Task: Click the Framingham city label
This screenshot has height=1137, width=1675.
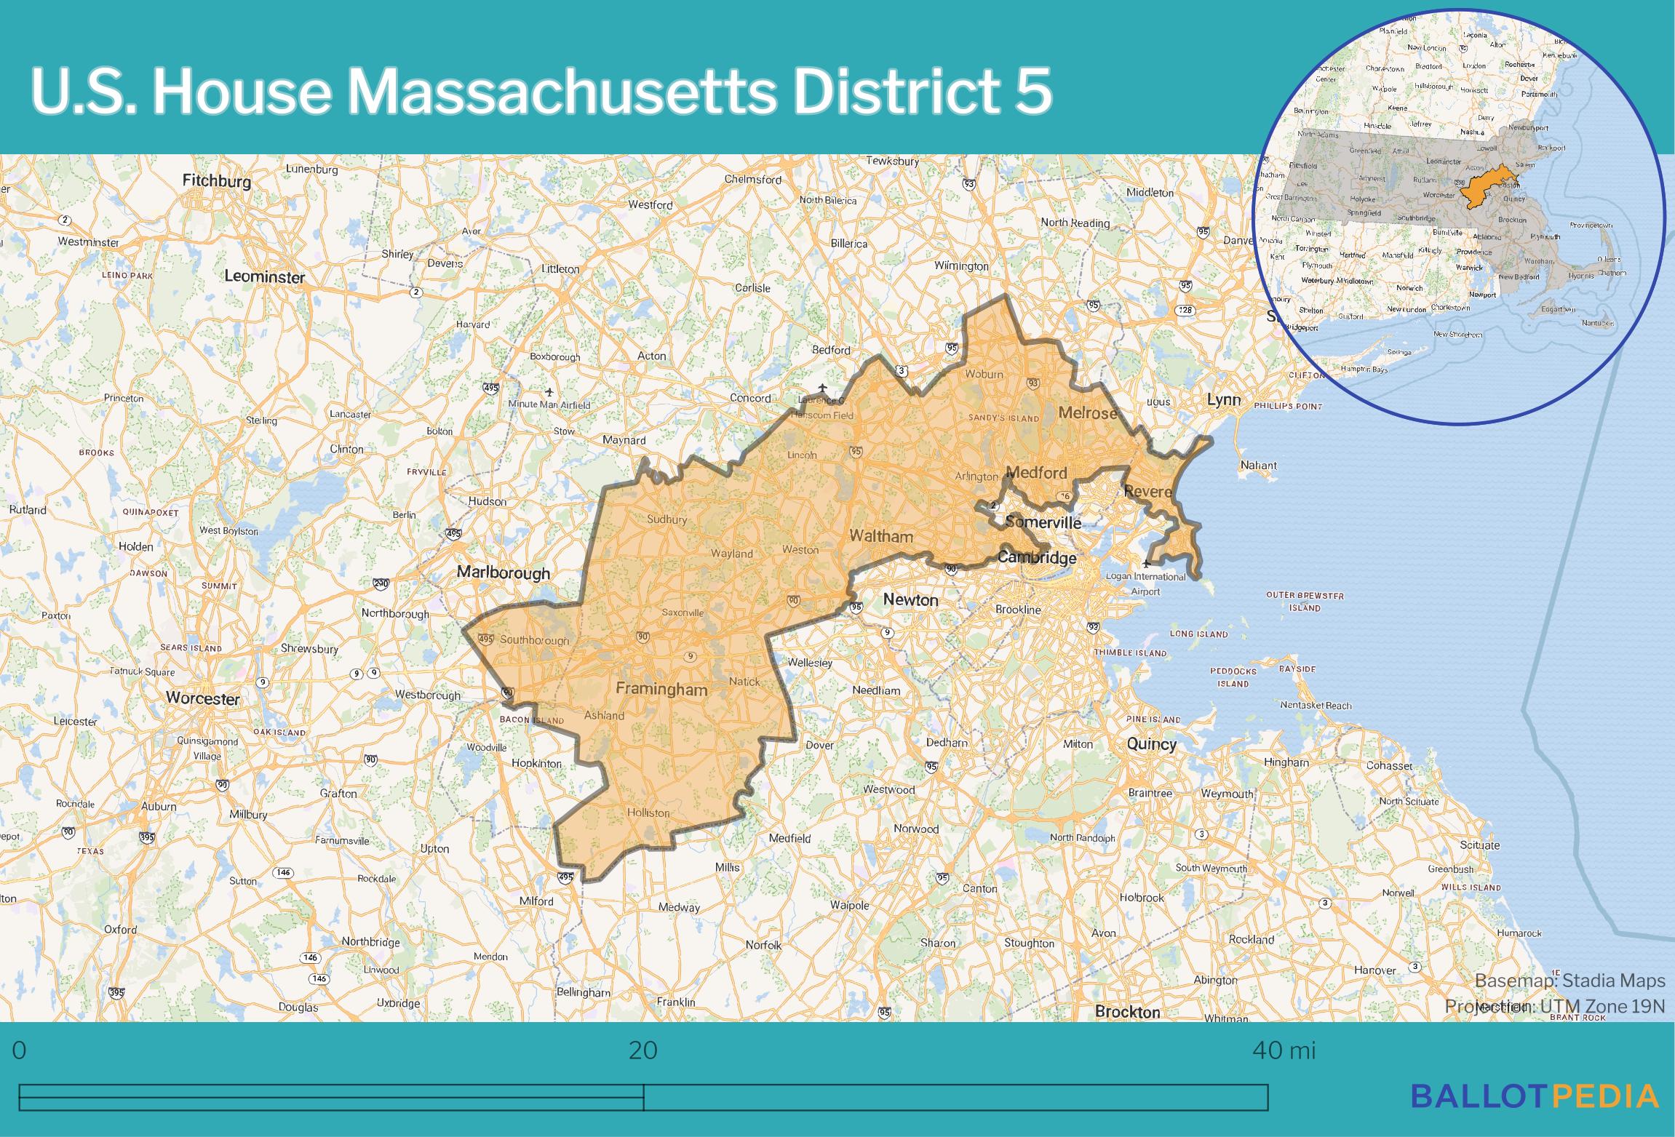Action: tap(661, 689)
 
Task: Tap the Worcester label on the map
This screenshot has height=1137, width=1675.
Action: tap(202, 698)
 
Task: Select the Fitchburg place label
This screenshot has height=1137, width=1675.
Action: tap(216, 180)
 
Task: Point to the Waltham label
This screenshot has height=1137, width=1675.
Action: tap(880, 536)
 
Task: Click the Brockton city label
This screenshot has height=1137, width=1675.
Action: tap(1127, 1012)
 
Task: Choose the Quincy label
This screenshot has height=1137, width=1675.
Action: tap(1151, 743)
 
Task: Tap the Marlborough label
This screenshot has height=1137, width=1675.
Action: tap(504, 573)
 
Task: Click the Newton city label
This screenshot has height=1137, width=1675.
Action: tap(910, 599)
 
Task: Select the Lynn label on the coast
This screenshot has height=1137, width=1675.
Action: tap(1223, 399)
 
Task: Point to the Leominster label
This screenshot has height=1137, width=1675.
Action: tap(264, 276)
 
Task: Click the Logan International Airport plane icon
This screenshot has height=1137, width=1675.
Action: tap(1147, 562)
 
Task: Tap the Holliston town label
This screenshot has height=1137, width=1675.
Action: tap(648, 813)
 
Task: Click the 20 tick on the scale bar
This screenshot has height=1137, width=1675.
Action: tap(643, 1051)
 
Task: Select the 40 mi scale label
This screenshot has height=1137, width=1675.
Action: tap(1284, 1051)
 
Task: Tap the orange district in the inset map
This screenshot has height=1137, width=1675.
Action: tap(1485, 188)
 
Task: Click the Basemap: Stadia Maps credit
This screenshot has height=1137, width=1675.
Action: tap(1569, 981)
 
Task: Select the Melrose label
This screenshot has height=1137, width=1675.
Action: tap(1087, 413)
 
